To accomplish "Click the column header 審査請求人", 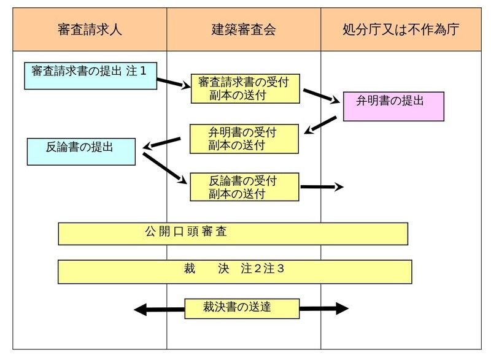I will coord(90,29).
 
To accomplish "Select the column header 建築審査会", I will coord(244,29).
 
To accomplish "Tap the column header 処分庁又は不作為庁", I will coord(400,29).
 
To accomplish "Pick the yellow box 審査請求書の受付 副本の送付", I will coord(244,88).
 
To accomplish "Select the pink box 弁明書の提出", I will coord(392,106).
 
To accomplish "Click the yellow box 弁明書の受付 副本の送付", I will coord(244,139).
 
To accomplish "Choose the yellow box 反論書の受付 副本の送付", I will coord(244,188).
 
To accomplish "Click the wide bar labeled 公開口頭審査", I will coord(233,234).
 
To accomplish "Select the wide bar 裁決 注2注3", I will coord(234,270).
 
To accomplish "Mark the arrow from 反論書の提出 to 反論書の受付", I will coord(164,167).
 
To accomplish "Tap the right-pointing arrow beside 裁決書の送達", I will coord(323,309).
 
